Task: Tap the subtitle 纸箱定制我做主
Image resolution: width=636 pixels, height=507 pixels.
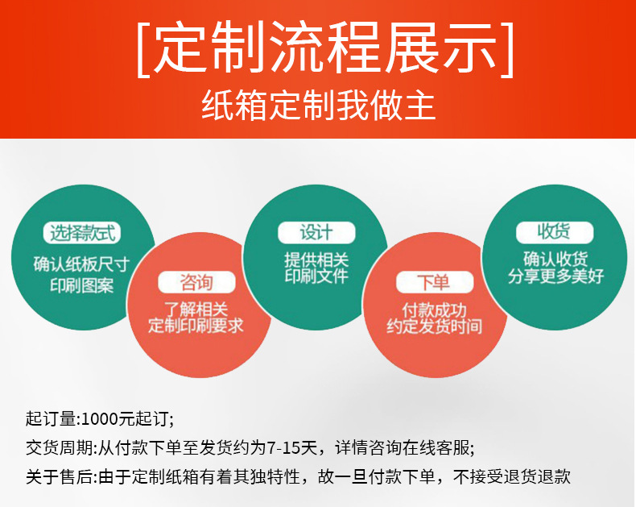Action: pos(318,106)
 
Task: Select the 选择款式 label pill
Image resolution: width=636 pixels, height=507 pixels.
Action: pos(84,234)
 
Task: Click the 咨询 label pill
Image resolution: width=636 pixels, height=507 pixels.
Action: pos(196,282)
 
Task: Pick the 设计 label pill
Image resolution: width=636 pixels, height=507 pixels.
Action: pos(316,232)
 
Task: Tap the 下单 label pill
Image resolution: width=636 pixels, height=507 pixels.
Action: pos(433,282)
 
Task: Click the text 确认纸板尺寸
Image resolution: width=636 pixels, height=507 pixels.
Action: pos(82,264)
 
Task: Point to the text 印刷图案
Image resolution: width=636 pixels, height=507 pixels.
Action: pos(82,285)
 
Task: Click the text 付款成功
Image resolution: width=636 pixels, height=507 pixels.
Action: pos(434,310)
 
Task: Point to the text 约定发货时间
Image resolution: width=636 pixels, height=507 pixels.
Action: pos(434,327)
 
